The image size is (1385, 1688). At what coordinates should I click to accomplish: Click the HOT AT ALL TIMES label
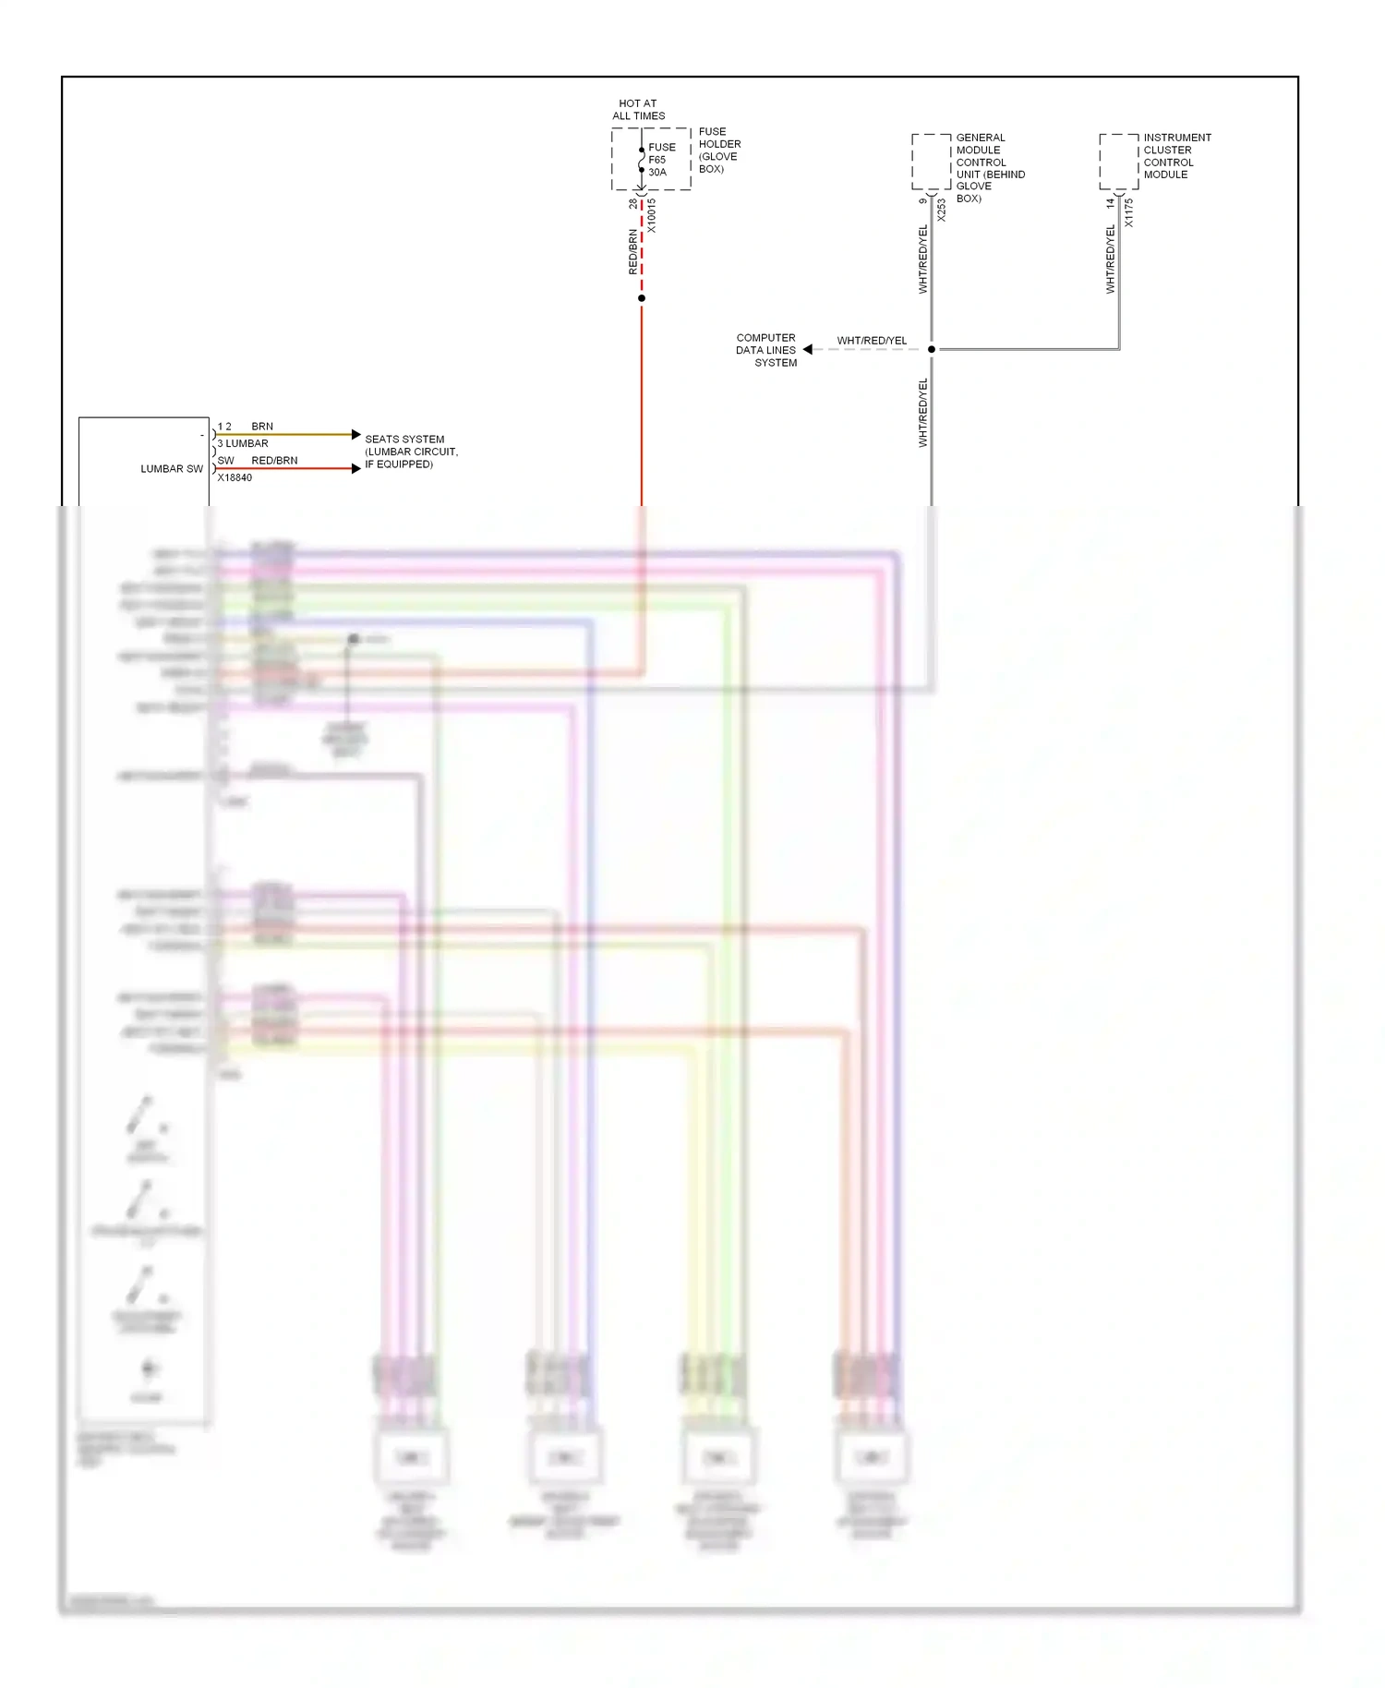638,110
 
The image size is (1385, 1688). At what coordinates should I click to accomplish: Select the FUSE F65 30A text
661,160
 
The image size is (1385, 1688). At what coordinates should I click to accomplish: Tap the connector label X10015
652,215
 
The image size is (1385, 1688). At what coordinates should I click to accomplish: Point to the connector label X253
942,210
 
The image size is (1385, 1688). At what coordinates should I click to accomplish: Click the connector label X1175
1129,212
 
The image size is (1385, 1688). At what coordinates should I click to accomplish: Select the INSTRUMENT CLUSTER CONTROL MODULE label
1176,155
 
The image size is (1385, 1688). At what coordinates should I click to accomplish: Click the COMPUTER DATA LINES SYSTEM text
766,350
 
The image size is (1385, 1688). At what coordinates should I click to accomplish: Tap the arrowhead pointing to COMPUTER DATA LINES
808,349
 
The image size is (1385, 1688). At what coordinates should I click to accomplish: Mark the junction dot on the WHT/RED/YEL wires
932,349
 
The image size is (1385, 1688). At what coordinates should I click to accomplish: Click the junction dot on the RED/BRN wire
642,298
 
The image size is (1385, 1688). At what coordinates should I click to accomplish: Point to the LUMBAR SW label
172,469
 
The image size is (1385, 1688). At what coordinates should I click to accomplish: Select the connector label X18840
235,477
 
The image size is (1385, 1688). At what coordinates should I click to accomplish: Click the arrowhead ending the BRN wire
356,434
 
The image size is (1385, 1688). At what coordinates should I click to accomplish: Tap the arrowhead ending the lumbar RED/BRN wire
356,468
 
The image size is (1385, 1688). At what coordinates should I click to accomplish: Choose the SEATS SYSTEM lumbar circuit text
411,452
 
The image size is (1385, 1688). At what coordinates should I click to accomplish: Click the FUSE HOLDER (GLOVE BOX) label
719,150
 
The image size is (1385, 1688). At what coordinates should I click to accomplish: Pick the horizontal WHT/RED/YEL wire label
872,341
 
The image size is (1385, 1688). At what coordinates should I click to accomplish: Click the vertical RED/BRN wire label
633,252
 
